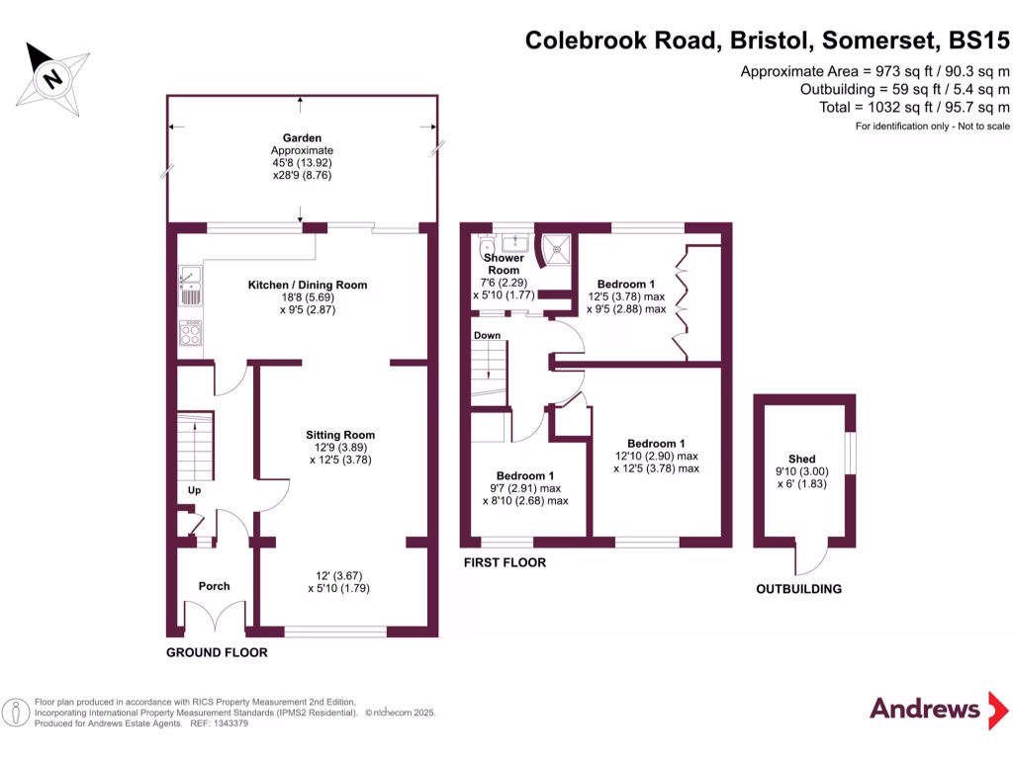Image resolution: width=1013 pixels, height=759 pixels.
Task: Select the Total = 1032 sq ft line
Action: coord(914,107)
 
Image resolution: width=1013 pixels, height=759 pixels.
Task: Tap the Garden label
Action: coord(302,138)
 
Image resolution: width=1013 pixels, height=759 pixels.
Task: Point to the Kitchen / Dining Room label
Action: coord(307,285)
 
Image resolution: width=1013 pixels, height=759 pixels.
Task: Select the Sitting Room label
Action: coord(339,435)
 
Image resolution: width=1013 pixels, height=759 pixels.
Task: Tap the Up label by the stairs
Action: coord(195,490)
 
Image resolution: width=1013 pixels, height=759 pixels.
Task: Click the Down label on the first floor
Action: coord(487,335)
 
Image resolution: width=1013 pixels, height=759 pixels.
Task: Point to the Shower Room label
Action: coord(503,264)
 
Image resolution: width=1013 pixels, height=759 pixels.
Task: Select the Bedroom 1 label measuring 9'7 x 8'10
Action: coord(525,474)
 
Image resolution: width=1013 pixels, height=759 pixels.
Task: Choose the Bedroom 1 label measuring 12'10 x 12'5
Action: coord(655,444)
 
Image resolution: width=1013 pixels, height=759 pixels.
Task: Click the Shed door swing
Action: coord(811,560)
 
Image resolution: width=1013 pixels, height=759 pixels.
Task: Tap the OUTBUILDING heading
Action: coord(798,589)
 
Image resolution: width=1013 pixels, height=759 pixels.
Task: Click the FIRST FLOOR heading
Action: coord(504,562)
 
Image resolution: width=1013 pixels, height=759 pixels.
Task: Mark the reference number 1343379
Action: coord(228,723)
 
